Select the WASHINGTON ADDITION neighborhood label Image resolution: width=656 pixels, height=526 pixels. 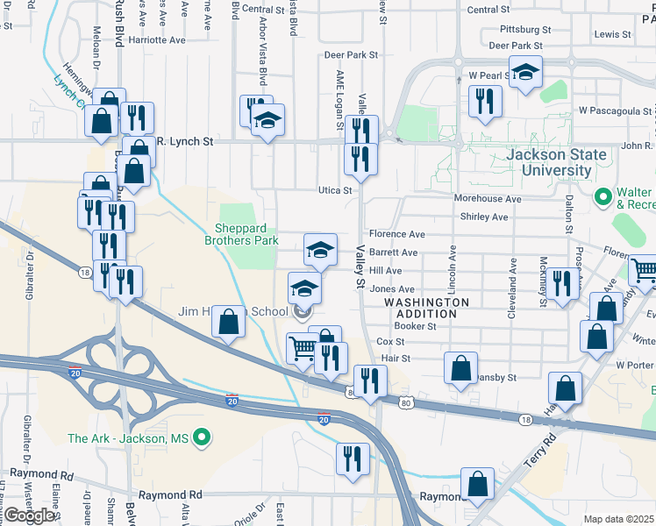pyautogui.click(x=426, y=308)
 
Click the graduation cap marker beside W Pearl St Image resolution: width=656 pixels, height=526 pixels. pyautogui.click(x=525, y=73)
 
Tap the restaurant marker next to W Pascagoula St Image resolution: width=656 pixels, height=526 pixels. pyautogui.click(x=485, y=101)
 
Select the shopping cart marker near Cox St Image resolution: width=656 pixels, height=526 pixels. pyautogui.click(x=303, y=348)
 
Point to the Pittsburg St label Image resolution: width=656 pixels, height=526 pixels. pyautogui.click(x=520, y=29)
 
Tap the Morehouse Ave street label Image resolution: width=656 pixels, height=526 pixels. pyautogui.click(x=488, y=199)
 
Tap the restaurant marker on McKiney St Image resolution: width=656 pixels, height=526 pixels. pyautogui.click(x=562, y=283)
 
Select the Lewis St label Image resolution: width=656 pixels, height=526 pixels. pyautogui.click(x=612, y=34)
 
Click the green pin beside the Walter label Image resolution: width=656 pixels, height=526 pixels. pyautogui.click(x=603, y=195)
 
